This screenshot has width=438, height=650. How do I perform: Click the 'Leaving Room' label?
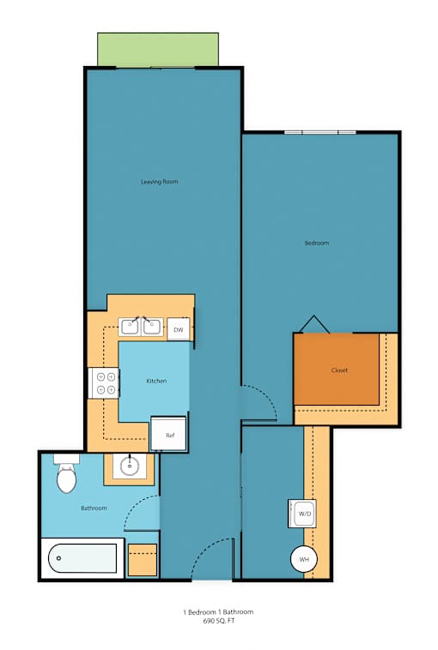pos(160,182)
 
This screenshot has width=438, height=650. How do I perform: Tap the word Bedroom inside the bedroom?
pos(317,243)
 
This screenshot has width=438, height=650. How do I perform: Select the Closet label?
pos(339,370)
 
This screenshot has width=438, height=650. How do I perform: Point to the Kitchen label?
pos(156,381)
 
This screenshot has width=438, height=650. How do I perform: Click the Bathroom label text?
pos(94,508)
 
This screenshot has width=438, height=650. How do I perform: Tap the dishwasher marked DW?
pos(179,329)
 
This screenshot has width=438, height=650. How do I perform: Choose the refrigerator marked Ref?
pos(168,434)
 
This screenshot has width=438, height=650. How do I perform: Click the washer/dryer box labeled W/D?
pos(302,513)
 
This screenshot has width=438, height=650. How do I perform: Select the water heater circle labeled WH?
pos(304,559)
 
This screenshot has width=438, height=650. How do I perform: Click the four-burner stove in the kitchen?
pos(104,383)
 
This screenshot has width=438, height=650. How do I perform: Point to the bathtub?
pos(82,558)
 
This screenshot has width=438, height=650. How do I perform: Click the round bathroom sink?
pos(131,466)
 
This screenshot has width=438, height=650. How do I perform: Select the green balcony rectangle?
pos(158,50)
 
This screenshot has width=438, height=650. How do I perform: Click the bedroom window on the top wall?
pos(320,132)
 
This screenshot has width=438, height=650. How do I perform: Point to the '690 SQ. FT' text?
pos(219,621)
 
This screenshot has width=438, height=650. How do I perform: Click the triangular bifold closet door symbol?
pos(314,324)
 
